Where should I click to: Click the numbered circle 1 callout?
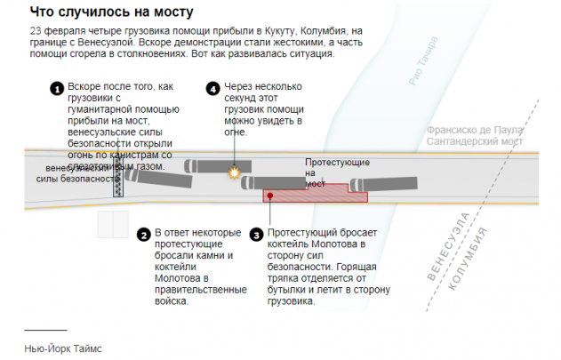[x=56, y=89]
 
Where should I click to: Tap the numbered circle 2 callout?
[x=143, y=235]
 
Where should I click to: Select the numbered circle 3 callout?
[x=256, y=235]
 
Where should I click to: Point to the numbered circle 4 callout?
[x=212, y=89]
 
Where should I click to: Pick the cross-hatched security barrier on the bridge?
[x=116, y=178]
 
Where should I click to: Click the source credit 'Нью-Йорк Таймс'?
[x=63, y=348]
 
